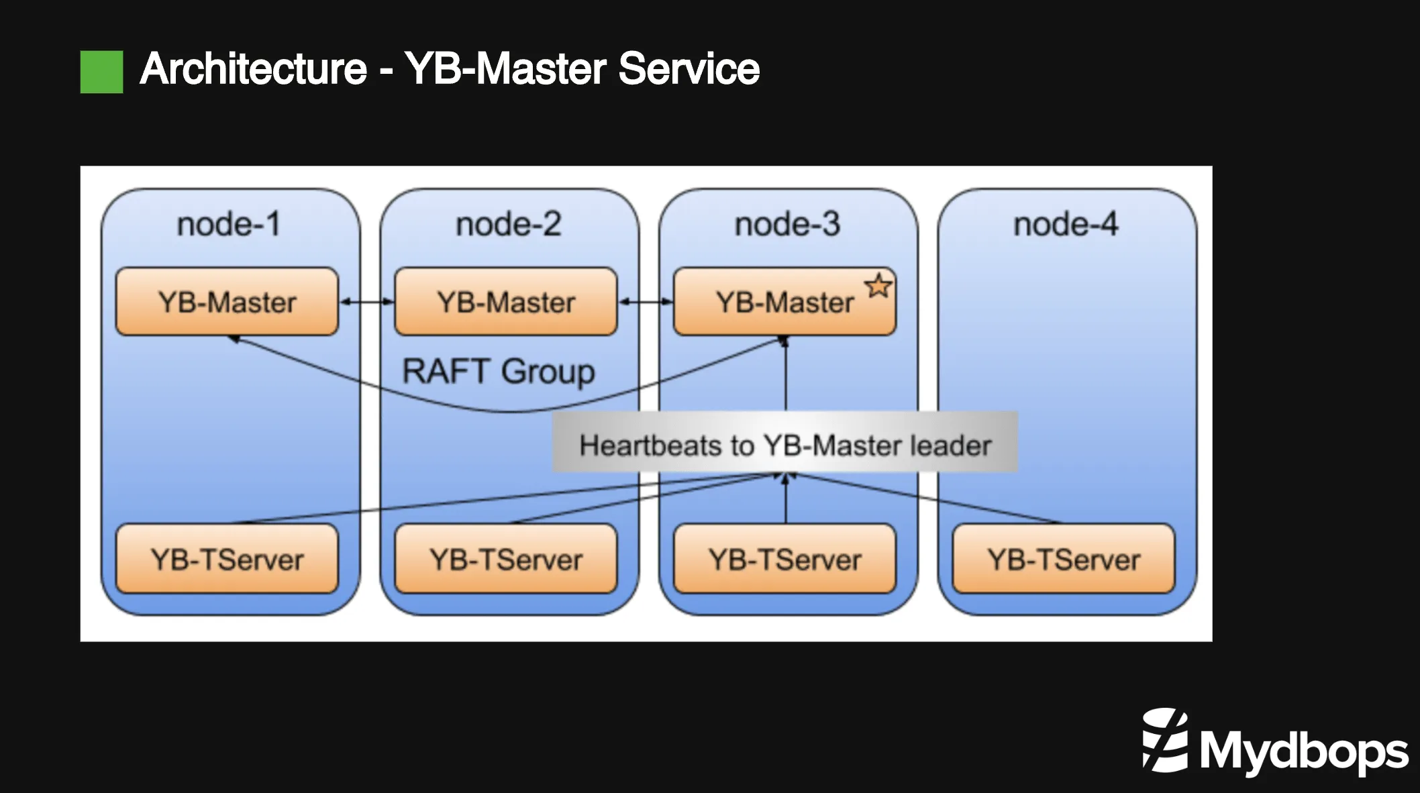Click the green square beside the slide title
click(x=101, y=72)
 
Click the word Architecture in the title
click(x=254, y=69)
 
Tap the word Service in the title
click(x=689, y=69)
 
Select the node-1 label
click(x=228, y=224)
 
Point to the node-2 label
click(x=508, y=224)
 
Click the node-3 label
click(x=787, y=224)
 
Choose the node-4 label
click(x=1066, y=224)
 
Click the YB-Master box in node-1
click(x=227, y=302)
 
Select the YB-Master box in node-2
click(x=506, y=302)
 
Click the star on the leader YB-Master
click(x=878, y=286)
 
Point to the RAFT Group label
click(x=498, y=371)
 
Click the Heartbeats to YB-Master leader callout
click(x=784, y=445)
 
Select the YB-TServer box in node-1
click(x=227, y=559)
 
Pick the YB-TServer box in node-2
click(x=506, y=559)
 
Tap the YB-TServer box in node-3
click(x=784, y=559)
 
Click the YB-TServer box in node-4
click(x=1064, y=559)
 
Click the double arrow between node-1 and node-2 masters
click(x=366, y=302)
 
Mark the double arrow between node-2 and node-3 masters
click(x=645, y=302)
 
